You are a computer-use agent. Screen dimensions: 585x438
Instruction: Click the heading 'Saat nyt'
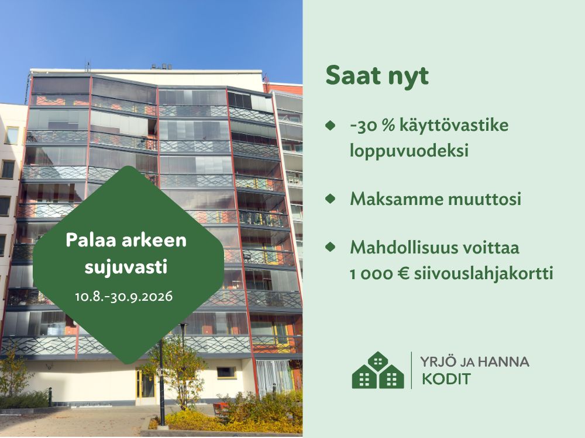377,77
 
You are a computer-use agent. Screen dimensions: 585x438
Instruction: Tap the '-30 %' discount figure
372,125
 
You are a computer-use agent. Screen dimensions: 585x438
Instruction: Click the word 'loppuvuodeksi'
409,151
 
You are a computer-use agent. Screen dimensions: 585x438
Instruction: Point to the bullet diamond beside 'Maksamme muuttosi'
330,198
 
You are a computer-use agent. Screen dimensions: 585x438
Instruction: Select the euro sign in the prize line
403,274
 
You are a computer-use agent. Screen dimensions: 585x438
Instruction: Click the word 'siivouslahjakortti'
484,274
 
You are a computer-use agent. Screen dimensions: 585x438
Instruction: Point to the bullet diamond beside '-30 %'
330,125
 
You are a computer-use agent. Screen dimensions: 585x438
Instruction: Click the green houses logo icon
377,370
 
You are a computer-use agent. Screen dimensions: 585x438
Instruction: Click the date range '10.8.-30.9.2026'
124,297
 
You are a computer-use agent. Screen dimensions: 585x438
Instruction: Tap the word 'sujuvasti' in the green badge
126,267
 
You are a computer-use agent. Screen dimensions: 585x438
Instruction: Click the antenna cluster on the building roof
161,67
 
